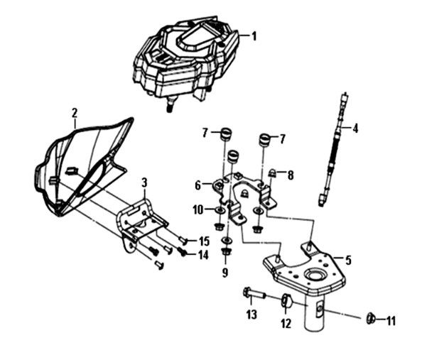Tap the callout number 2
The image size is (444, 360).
74,112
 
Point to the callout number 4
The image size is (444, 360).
355,129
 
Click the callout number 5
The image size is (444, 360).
349,259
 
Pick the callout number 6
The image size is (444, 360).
200,185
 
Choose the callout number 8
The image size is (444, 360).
291,173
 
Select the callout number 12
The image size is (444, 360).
286,324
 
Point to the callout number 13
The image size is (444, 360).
251,315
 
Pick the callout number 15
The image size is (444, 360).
204,241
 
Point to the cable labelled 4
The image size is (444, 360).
333,149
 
